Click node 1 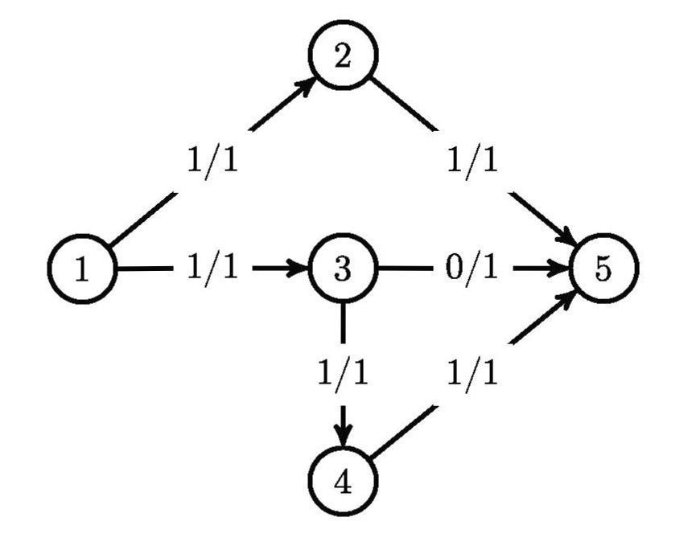[82, 269]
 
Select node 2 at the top [344, 60]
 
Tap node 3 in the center [344, 269]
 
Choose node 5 [603, 269]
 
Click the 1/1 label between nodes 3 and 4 [344, 373]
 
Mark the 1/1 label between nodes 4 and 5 [472, 373]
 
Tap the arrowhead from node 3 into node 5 [561, 269]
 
